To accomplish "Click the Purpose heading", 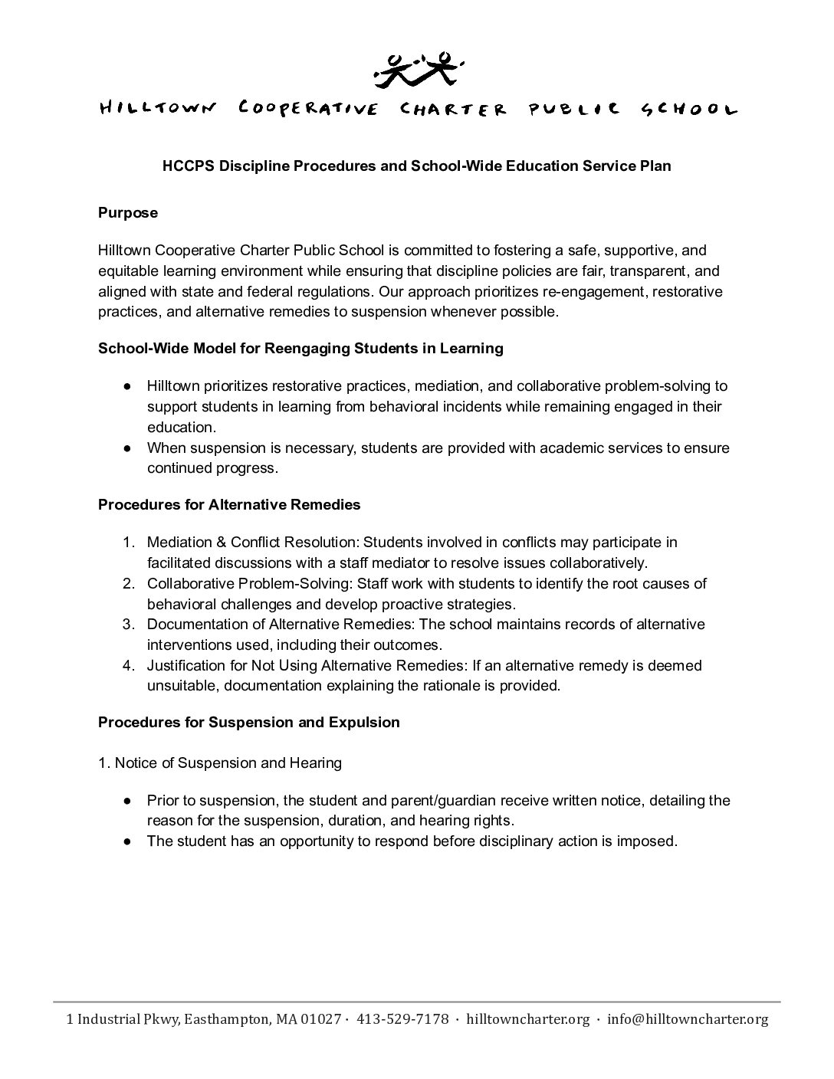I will (128, 213).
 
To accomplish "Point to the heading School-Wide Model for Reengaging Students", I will (300, 349).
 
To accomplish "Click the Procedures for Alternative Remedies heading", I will (229, 505).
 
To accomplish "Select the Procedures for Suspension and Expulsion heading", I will (249, 723).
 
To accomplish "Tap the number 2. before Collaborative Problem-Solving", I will (130, 584).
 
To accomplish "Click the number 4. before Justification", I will (130, 666).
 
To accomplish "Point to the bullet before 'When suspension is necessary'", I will (129, 448).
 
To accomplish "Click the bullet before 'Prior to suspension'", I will (129, 801).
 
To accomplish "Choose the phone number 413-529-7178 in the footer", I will (403, 1019).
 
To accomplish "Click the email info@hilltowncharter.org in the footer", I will (688, 1019).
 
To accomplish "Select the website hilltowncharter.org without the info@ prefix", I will (528, 1019).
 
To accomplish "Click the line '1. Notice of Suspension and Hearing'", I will (220, 763).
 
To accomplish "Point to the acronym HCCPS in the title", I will (188, 166).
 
